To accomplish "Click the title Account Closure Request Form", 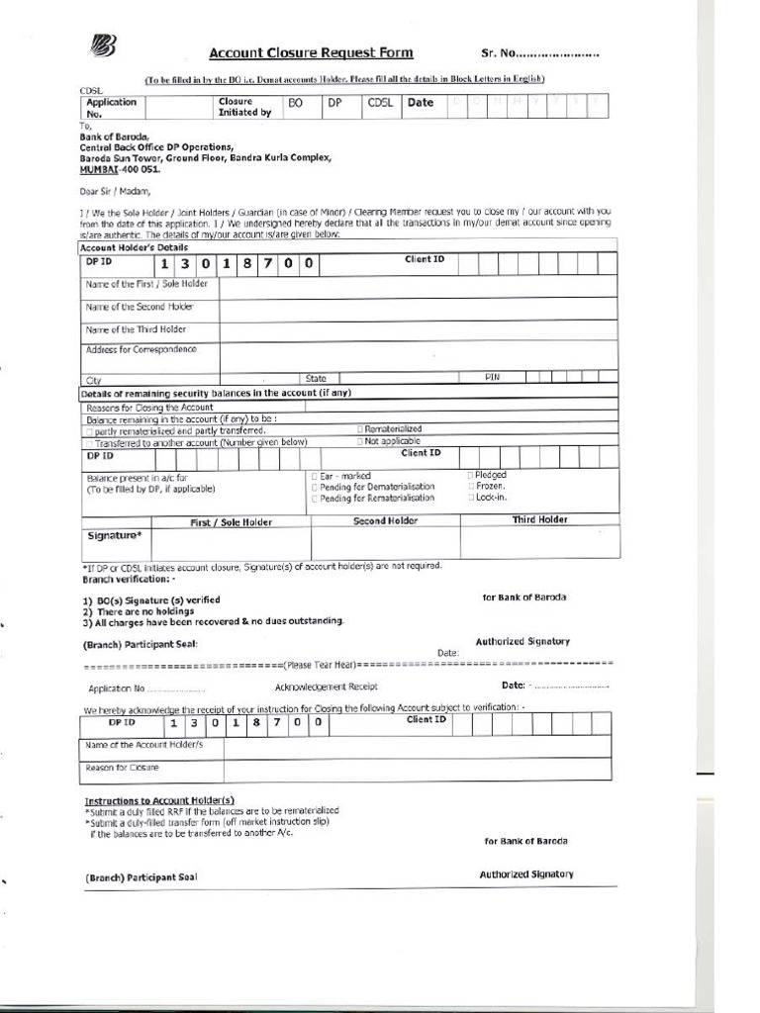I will click(x=311, y=53).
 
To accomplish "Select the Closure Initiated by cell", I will click(x=244, y=107).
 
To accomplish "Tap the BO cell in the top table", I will click(x=295, y=102).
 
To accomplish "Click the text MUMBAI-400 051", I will click(x=119, y=169).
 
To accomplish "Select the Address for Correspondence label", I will click(x=141, y=349).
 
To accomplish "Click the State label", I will click(x=316, y=378).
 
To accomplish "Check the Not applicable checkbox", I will click(x=360, y=441).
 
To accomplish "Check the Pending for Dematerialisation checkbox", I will click(x=315, y=488).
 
